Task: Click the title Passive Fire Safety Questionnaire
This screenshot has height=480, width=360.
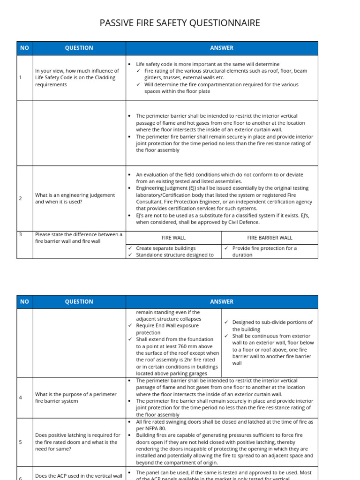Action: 180,23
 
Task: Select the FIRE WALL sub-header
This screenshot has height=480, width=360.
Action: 173,238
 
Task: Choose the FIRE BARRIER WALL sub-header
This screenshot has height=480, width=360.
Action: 269,238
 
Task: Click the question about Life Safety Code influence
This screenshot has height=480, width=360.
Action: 77,78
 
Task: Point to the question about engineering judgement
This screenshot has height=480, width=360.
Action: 75,198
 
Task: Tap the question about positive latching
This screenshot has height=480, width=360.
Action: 77,442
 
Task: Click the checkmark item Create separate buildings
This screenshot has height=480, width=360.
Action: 165,248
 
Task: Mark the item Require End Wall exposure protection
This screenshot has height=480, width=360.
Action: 167,329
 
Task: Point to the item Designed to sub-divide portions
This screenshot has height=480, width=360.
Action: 272,325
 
